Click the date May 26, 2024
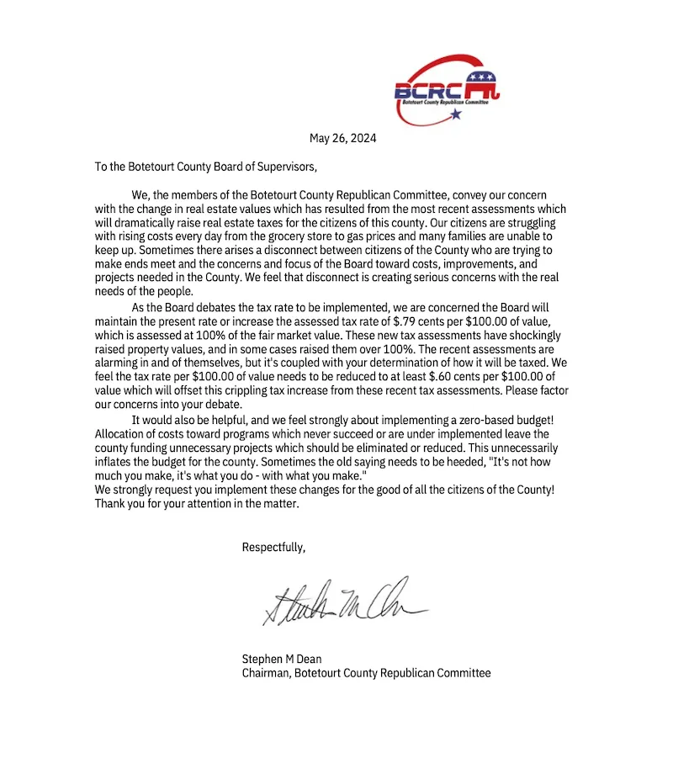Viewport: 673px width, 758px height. point(342,138)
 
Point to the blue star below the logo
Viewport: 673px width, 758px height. point(455,114)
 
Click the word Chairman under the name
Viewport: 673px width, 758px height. point(265,673)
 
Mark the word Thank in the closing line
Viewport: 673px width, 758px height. point(111,505)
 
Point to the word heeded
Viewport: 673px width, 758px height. point(373,462)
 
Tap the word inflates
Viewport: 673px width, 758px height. point(116,462)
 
